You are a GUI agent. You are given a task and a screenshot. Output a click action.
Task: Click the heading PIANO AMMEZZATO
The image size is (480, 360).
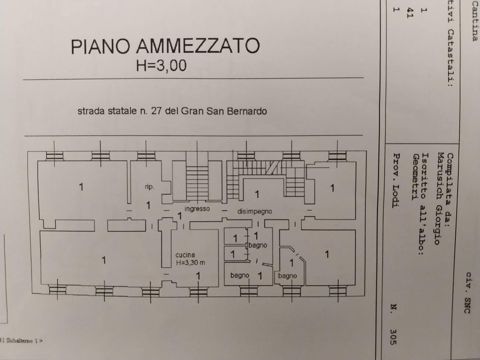tap(165, 46)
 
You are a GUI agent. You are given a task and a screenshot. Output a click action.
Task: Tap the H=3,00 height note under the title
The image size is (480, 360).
tap(161, 66)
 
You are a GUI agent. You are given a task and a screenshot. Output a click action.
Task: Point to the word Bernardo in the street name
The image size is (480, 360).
tap(247, 111)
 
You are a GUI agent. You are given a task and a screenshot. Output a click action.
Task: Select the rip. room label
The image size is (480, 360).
tap(150, 187)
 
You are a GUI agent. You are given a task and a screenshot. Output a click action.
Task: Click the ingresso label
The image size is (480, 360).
tap(197, 209)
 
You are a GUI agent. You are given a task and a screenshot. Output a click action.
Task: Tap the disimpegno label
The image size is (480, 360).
tap(255, 212)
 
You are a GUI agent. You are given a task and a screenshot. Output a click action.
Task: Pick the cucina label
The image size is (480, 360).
tap(185, 255)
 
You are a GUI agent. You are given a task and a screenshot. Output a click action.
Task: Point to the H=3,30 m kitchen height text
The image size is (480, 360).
tap(191, 263)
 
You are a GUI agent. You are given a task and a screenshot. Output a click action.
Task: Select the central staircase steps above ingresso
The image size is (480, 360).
tap(197, 183)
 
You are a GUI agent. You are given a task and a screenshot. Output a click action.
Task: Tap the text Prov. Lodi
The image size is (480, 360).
tap(396, 180)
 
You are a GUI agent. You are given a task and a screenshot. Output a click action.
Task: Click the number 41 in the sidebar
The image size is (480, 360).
tap(410, 13)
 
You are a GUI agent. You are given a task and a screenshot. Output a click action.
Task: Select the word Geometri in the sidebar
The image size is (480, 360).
tap(416, 177)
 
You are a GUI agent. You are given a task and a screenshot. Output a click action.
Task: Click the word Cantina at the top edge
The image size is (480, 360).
tap(474, 21)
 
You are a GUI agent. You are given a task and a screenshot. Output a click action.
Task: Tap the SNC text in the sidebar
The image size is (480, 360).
tap(467, 305)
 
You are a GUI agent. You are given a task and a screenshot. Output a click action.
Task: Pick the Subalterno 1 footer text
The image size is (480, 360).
tap(24, 340)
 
